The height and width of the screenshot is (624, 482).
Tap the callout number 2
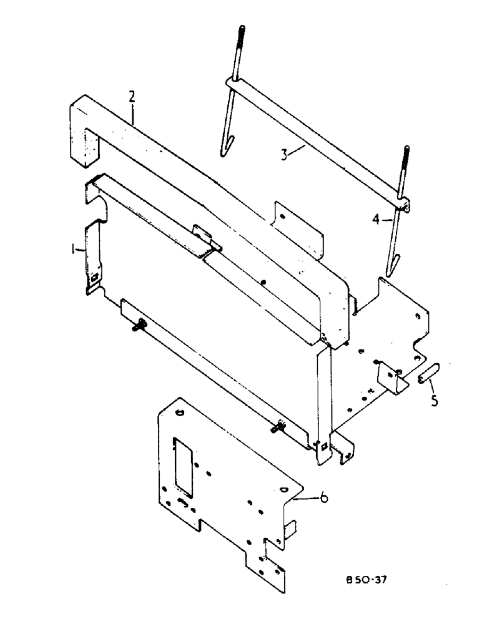(132, 97)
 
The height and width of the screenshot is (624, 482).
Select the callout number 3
(284, 154)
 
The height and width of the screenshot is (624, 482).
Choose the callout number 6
(323, 497)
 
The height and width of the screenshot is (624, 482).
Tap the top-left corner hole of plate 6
(180, 412)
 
